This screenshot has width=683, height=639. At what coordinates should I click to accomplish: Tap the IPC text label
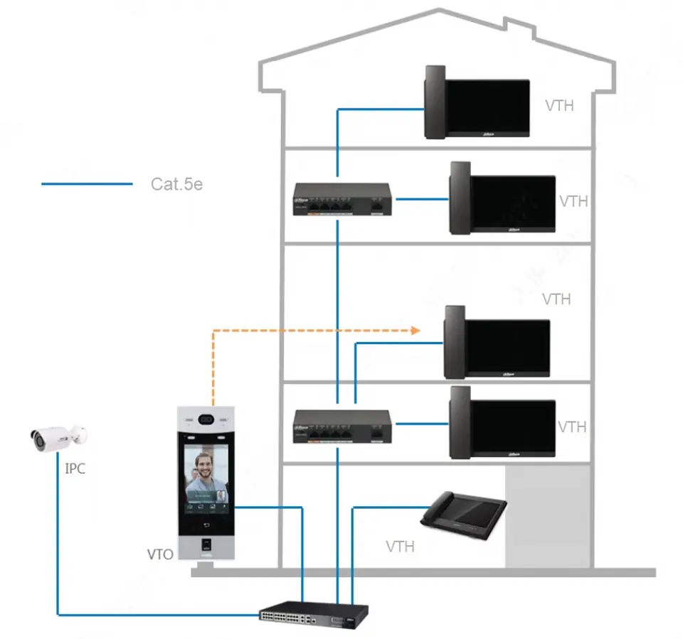tap(75, 469)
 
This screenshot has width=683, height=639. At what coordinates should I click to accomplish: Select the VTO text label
tap(159, 554)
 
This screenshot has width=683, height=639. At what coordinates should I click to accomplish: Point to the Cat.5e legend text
tap(176, 184)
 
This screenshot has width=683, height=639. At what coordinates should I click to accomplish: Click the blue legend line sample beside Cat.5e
tap(87, 184)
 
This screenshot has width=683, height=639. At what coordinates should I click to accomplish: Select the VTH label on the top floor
tap(559, 106)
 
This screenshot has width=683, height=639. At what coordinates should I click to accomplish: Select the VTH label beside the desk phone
tap(401, 547)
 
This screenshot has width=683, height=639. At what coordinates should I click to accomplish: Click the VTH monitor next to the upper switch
tap(502, 198)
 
